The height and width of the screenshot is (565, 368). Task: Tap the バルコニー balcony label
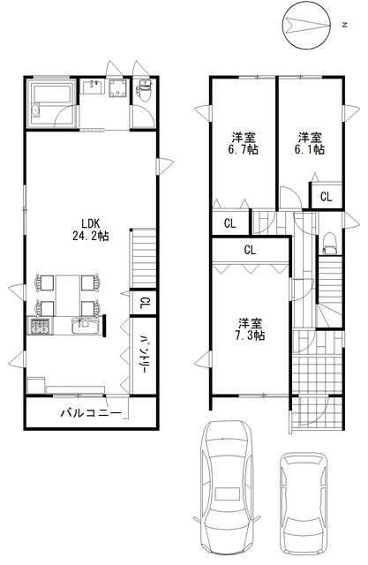pyautogui.click(x=90, y=413)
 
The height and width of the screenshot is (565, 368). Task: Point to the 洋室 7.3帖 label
pyautogui.click(x=250, y=328)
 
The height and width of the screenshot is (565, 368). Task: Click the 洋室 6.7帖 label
pyautogui.click(x=243, y=143)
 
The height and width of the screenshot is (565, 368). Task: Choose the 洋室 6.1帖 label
pyautogui.click(x=309, y=143)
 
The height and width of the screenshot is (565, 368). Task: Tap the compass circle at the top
pyautogui.click(x=306, y=25)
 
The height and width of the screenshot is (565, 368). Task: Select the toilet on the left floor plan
pyautogui.click(x=145, y=90)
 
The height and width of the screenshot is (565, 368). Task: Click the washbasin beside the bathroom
pyautogui.click(x=94, y=87)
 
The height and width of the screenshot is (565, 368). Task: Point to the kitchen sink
pyautogui.click(x=85, y=326)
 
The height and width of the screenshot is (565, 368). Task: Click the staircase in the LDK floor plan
pyautogui.click(x=143, y=258)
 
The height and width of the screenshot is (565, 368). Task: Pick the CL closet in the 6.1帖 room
pyautogui.click(x=327, y=196)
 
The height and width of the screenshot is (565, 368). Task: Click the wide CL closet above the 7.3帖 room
pyautogui.click(x=251, y=250)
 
